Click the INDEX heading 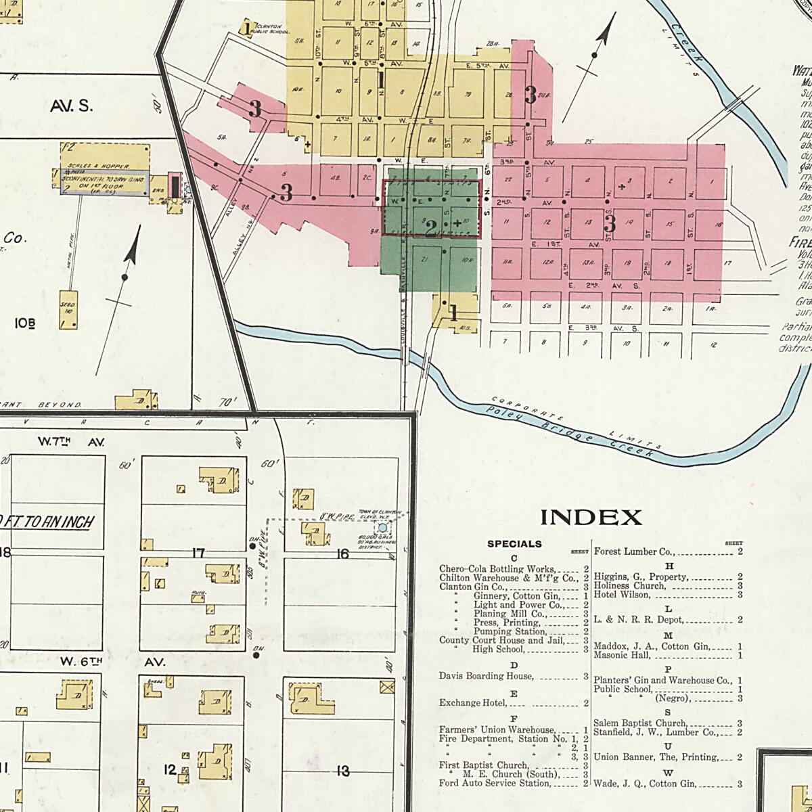pyautogui.click(x=591, y=518)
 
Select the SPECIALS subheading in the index pyautogui.click(x=514, y=543)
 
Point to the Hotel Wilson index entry pyautogui.click(x=622, y=595)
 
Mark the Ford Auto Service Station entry pyautogui.click(x=495, y=783)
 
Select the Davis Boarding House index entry pyautogui.click(x=486, y=676)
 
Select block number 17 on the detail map pyautogui.click(x=198, y=554)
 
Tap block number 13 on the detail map pyautogui.click(x=343, y=770)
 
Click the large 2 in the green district pyautogui.click(x=430, y=229)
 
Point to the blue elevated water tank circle pyautogui.click(x=382, y=527)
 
